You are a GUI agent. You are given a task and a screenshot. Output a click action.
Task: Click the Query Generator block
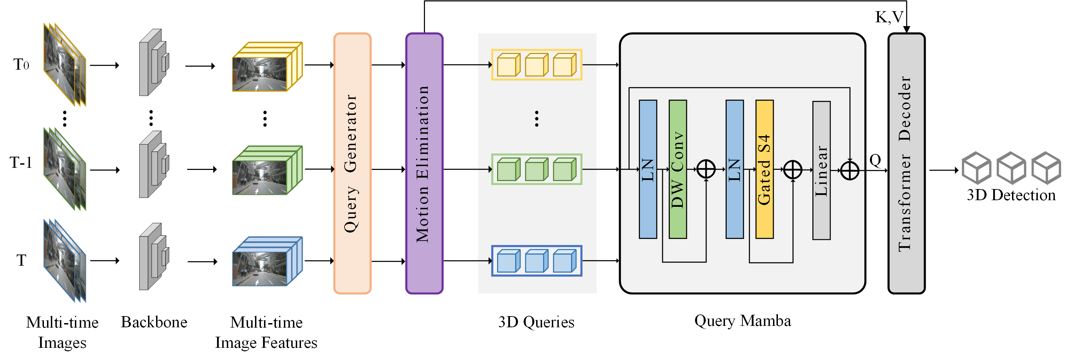[352, 163]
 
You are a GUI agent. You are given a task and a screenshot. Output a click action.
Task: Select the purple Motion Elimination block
[424, 163]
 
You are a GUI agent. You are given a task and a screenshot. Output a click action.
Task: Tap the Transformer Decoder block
[906, 163]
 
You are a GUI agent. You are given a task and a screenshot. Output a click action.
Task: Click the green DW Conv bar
[678, 169]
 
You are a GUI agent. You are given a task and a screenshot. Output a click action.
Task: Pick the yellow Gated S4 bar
[764, 169]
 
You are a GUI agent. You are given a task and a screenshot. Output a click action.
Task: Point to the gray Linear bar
[821, 170]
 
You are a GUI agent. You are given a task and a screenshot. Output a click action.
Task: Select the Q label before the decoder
[875, 160]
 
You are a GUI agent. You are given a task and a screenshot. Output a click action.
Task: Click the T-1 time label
[21, 163]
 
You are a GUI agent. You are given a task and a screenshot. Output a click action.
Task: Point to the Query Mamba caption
[742, 321]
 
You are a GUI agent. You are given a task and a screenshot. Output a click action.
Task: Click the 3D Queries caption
[536, 322]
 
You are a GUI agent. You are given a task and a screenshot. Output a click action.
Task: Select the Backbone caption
[154, 322]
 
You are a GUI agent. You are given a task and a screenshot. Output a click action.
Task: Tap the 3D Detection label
[1011, 195]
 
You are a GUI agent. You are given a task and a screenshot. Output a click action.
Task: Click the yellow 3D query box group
[536, 64]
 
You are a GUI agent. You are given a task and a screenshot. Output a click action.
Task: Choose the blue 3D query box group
[536, 261]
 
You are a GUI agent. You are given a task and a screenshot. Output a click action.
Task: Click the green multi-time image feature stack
[267, 170]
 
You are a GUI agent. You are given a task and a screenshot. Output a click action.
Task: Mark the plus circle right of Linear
[850, 170]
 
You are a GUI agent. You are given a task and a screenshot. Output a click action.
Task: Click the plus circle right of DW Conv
[706, 169]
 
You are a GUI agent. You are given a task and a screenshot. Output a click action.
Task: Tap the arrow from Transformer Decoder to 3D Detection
[943, 170]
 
